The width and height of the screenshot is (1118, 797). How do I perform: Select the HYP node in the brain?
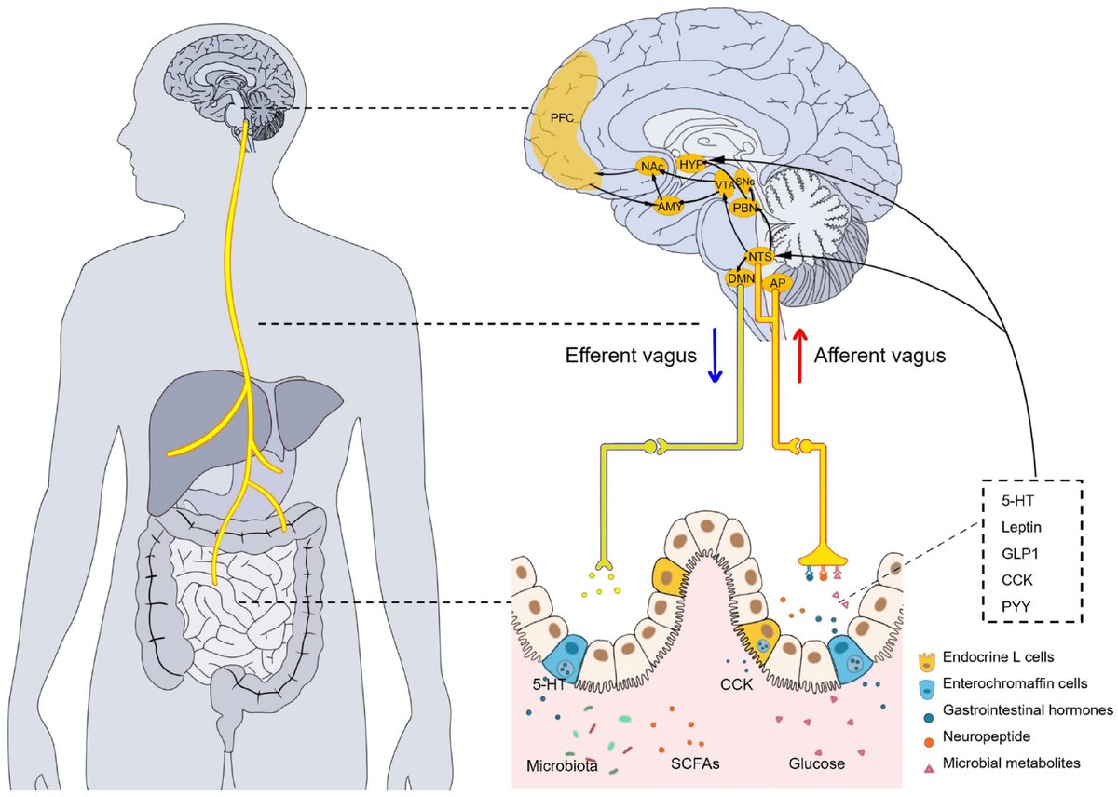coord(691,163)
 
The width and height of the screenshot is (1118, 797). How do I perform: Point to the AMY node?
coord(668,207)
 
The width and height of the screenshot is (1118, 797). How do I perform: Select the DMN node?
coord(742,277)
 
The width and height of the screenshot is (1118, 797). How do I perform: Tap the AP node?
coord(776,282)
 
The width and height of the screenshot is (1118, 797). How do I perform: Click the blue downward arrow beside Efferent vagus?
coord(715,354)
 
